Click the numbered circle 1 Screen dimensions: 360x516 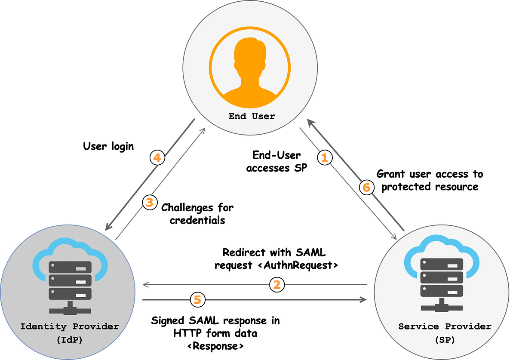pos(325,158)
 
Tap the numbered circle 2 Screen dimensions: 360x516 pos(277,285)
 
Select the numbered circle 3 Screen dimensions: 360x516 pos(149,203)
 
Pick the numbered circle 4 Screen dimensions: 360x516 pos(157,158)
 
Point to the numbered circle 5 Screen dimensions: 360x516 pos(197,300)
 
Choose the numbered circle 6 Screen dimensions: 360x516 pos(366,188)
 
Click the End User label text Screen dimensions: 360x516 pos(252,116)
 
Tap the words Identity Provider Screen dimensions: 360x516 pos(70,326)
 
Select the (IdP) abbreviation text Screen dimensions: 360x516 pos(69,340)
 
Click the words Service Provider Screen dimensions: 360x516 pos(445,326)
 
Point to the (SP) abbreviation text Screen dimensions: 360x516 pos(445,340)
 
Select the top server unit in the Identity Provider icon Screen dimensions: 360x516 pos(70,267)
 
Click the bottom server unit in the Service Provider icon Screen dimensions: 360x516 pos(442,290)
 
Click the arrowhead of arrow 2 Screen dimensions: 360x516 pos(145,285)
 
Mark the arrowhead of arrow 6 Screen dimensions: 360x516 pos(309,123)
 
